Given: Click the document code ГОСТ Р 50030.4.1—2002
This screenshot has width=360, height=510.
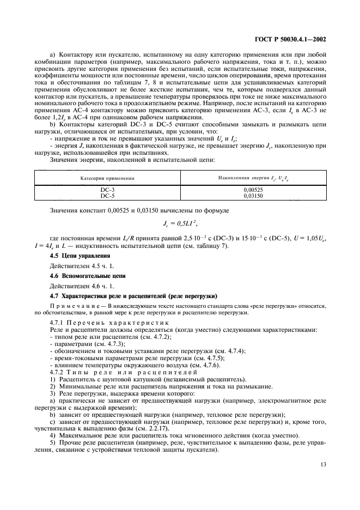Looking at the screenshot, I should click(291, 40).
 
